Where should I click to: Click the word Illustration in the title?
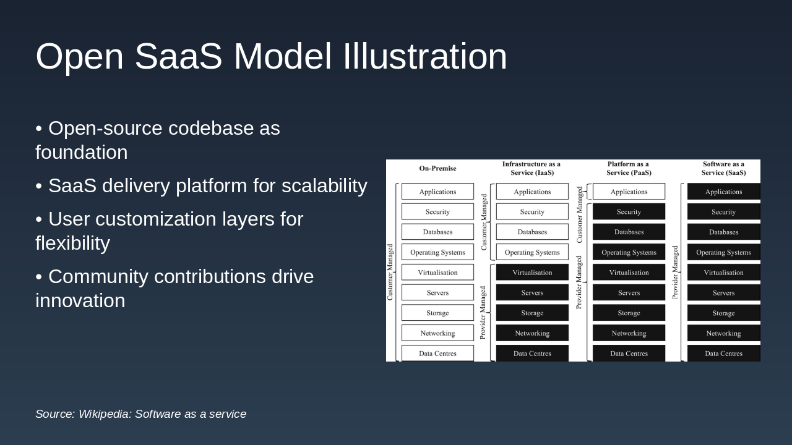(x=424, y=56)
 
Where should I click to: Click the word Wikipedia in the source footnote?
(x=105, y=414)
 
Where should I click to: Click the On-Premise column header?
(x=437, y=168)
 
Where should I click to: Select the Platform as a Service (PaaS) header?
(x=629, y=168)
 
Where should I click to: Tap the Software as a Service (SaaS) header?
(x=723, y=168)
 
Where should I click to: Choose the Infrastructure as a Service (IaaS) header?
(x=532, y=168)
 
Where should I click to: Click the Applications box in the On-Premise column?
(x=437, y=192)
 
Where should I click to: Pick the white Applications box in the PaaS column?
(x=629, y=192)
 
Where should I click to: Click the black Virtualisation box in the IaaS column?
(x=532, y=273)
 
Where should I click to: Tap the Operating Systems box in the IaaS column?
(x=532, y=252)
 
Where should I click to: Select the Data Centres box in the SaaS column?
(x=723, y=354)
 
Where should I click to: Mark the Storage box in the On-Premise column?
(x=437, y=313)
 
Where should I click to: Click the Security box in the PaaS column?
(x=629, y=212)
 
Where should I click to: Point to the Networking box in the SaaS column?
(x=723, y=333)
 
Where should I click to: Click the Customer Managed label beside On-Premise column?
(x=390, y=272)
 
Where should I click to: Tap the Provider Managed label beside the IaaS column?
(x=483, y=312)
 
